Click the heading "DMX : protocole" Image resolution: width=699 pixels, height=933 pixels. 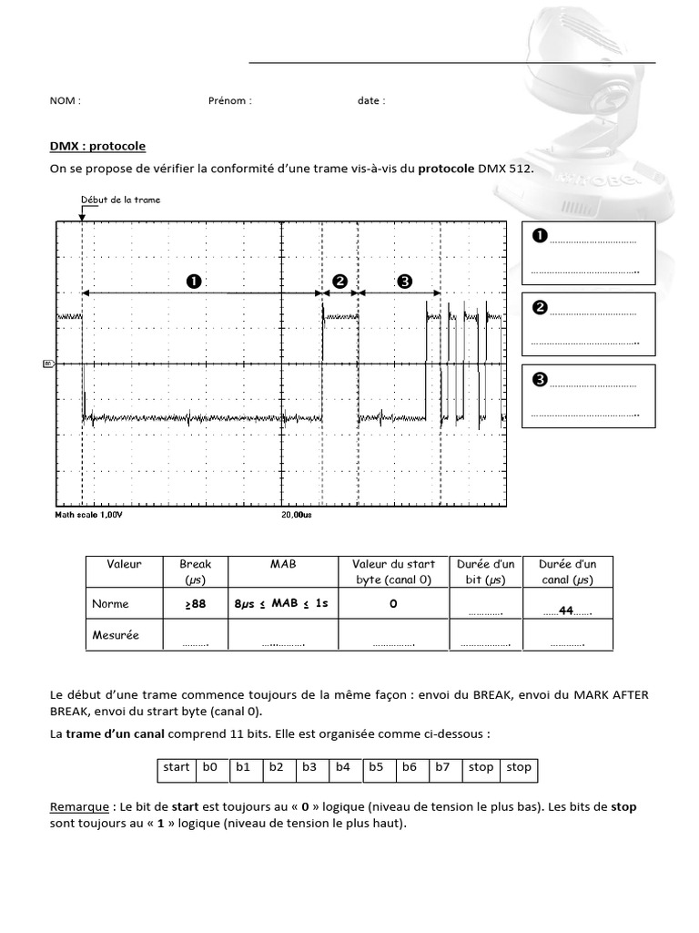tap(97, 146)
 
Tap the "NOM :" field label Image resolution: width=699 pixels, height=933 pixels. tap(65, 101)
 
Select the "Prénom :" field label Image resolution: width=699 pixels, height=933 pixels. tap(229, 101)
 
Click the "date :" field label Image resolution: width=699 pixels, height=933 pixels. tap(370, 101)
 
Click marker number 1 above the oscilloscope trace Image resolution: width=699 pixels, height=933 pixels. tap(193, 282)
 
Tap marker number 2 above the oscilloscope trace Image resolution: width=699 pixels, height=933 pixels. tap(340, 282)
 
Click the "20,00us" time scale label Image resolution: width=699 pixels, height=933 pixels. tap(296, 515)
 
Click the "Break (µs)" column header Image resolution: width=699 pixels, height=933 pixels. tap(195, 571)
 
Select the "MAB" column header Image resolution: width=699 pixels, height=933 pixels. tap(283, 565)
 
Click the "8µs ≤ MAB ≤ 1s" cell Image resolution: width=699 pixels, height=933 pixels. tap(282, 603)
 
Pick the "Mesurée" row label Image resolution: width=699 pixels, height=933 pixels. tap(115, 635)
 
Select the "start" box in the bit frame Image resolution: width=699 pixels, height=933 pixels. tap(176, 767)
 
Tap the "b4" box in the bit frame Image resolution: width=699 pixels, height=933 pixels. tap(342, 767)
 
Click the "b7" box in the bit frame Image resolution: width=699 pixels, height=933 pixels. tap(442, 767)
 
